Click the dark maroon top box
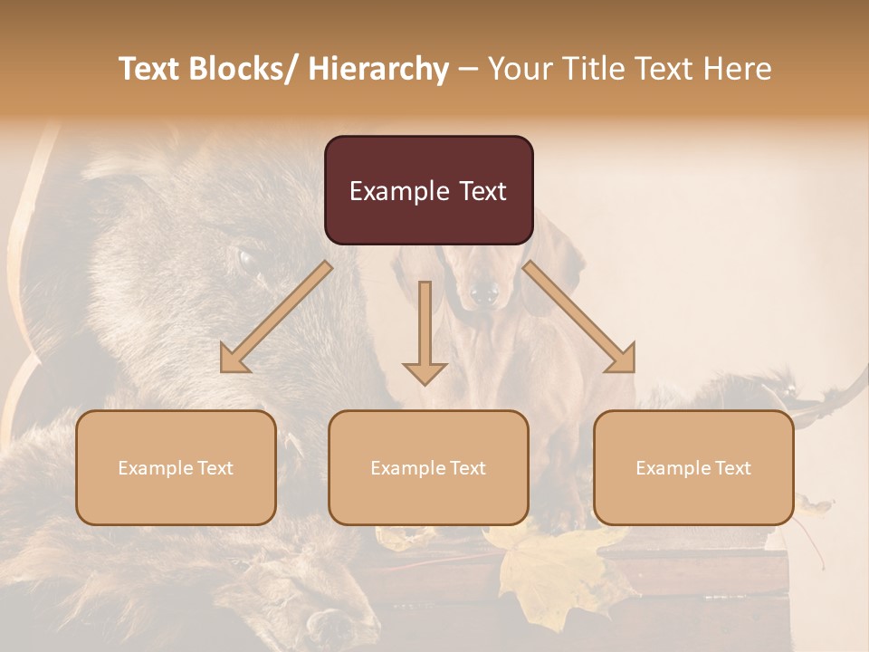coord(428,190)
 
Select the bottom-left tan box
coord(176,467)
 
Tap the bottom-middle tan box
coord(428,467)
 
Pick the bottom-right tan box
coord(693,467)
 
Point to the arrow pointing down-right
coord(579,317)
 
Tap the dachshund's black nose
coord(485,292)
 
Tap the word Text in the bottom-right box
coord(732,467)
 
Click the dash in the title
coord(468,69)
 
